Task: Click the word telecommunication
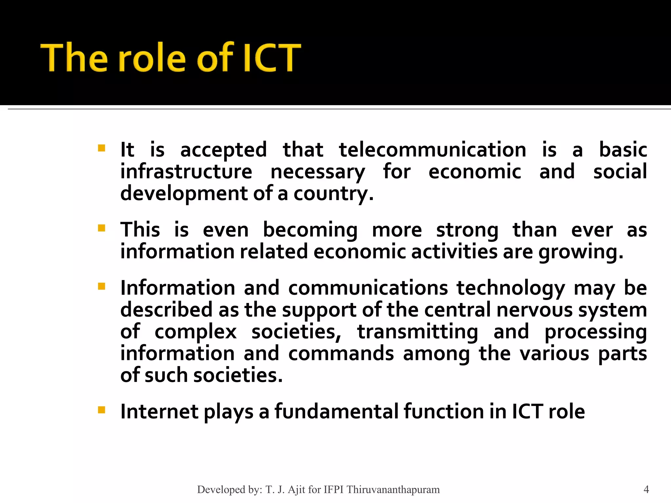[x=432, y=150]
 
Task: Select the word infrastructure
[x=186, y=172]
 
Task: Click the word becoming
[x=310, y=230]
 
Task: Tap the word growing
[x=581, y=252]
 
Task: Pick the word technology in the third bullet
[x=511, y=289]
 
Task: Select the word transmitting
[x=417, y=332]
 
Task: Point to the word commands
[x=341, y=354]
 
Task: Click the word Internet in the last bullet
[x=159, y=412]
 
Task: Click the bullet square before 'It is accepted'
[x=102, y=148]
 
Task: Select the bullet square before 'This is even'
[x=102, y=228]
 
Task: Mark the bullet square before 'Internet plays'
[x=102, y=410]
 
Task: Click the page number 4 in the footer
[x=646, y=490]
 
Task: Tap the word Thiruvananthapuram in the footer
[x=393, y=490]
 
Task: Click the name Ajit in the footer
[x=297, y=490]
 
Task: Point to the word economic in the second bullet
[x=359, y=252]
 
